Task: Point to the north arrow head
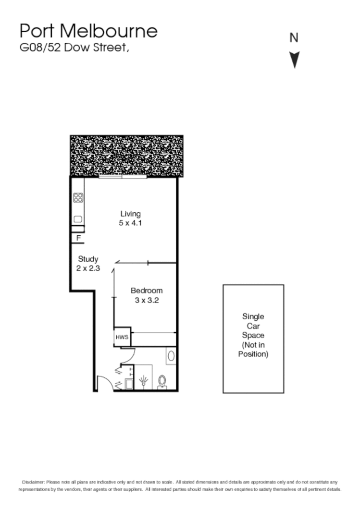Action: [295, 61]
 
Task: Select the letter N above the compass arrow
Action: [294, 37]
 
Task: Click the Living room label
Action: [130, 214]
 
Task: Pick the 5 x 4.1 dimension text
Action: [130, 223]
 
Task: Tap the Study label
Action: [88, 259]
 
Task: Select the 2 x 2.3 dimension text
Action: [88, 268]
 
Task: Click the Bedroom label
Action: [147, 291]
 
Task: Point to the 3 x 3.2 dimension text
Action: [147, 301]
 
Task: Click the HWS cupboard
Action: [122, 337]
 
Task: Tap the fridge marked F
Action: [78, 238]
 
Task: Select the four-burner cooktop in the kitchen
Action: [78, 197]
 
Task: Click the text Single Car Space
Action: [253, 326]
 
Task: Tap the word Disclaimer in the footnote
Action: [33, 482]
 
